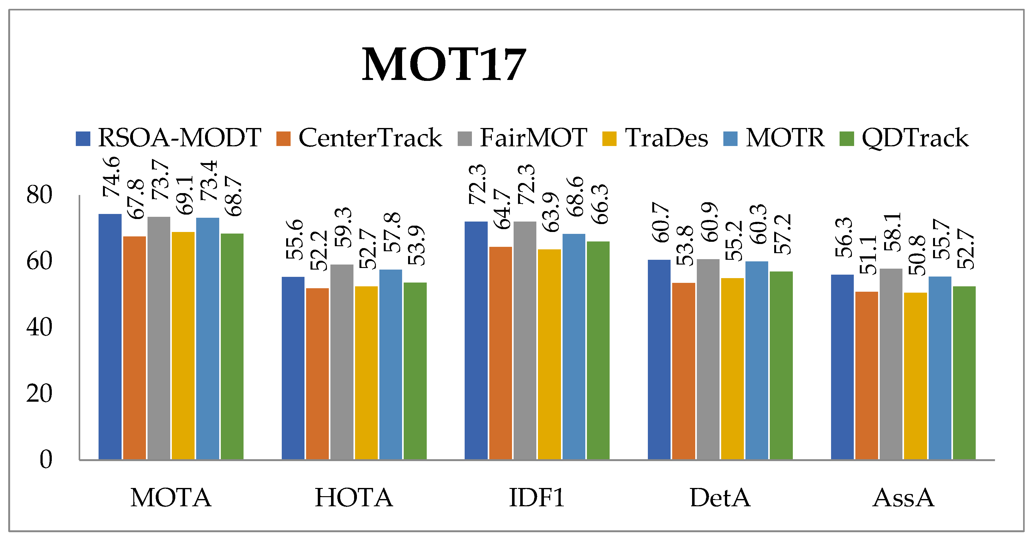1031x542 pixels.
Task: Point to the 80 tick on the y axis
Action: (x=39, y=195)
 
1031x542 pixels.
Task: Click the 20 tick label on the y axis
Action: (x=39, y=393)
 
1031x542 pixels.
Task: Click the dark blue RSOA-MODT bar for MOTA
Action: (x=110, y=336)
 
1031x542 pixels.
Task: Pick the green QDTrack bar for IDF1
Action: (x=598, y=350)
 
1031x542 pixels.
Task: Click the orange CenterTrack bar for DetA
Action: (x=684, y=371)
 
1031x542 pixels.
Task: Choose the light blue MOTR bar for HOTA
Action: (x=391, y=364)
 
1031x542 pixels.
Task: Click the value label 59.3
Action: (x=343, y=227)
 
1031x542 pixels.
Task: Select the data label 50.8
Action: (x=917, y=255)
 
